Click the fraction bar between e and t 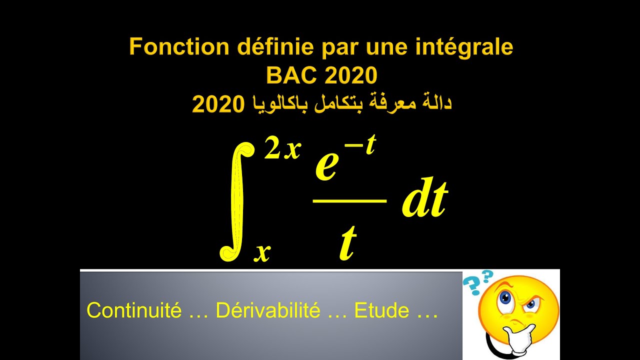click(x=349, y=200)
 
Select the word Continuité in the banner click(x=134, y=310)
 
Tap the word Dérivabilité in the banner click(x=267, y=310)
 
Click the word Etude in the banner click(x=381, y=310)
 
